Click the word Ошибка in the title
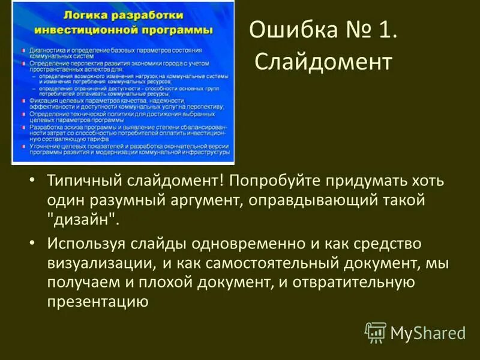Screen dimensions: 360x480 coord(286,31)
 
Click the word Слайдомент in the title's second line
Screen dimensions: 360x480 coord(324,61)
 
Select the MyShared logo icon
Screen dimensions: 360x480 coord(376,332)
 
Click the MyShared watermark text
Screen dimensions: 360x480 coord(428,332)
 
